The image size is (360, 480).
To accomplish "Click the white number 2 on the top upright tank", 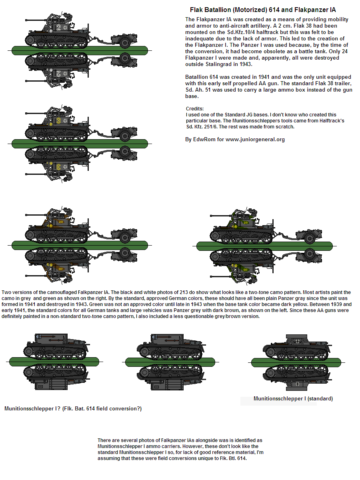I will [x=59, y=28].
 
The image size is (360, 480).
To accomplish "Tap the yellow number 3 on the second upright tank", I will [x=58, y=120].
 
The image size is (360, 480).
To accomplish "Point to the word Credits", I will [x=194, y=109].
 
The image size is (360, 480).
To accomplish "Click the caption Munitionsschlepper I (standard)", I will [x=293, y=398].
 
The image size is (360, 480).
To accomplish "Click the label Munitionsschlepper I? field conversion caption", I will [x=73, y=408].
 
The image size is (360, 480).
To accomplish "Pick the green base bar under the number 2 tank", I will [x=80, y=50].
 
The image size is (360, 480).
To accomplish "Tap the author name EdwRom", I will [x=203, y=140].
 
